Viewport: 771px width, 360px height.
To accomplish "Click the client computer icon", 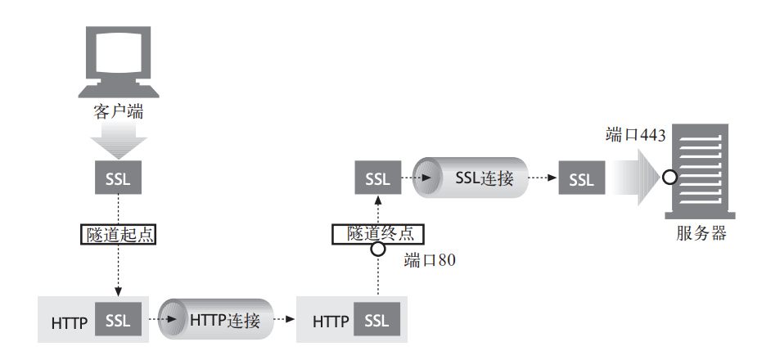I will [x=119, y=61].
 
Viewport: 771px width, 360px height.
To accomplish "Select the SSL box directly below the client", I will [x=119, y=179].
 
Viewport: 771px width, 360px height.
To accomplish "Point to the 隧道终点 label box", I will [x=377, y=233].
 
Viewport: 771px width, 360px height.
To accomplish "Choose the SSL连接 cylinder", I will [x=470, y=178].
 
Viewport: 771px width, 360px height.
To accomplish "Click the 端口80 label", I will [x=428, y=261].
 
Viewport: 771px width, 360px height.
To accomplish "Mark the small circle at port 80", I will [x=377, y=249].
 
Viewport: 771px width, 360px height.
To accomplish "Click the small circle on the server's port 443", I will [x=669, y=176].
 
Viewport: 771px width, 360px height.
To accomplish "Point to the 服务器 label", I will [x=701, y=233].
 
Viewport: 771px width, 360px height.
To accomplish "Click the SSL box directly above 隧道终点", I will [x=377, y=179].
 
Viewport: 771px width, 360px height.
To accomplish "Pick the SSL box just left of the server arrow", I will [x=581, y=179].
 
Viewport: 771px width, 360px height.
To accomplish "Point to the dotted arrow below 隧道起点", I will [x=119, y=270].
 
